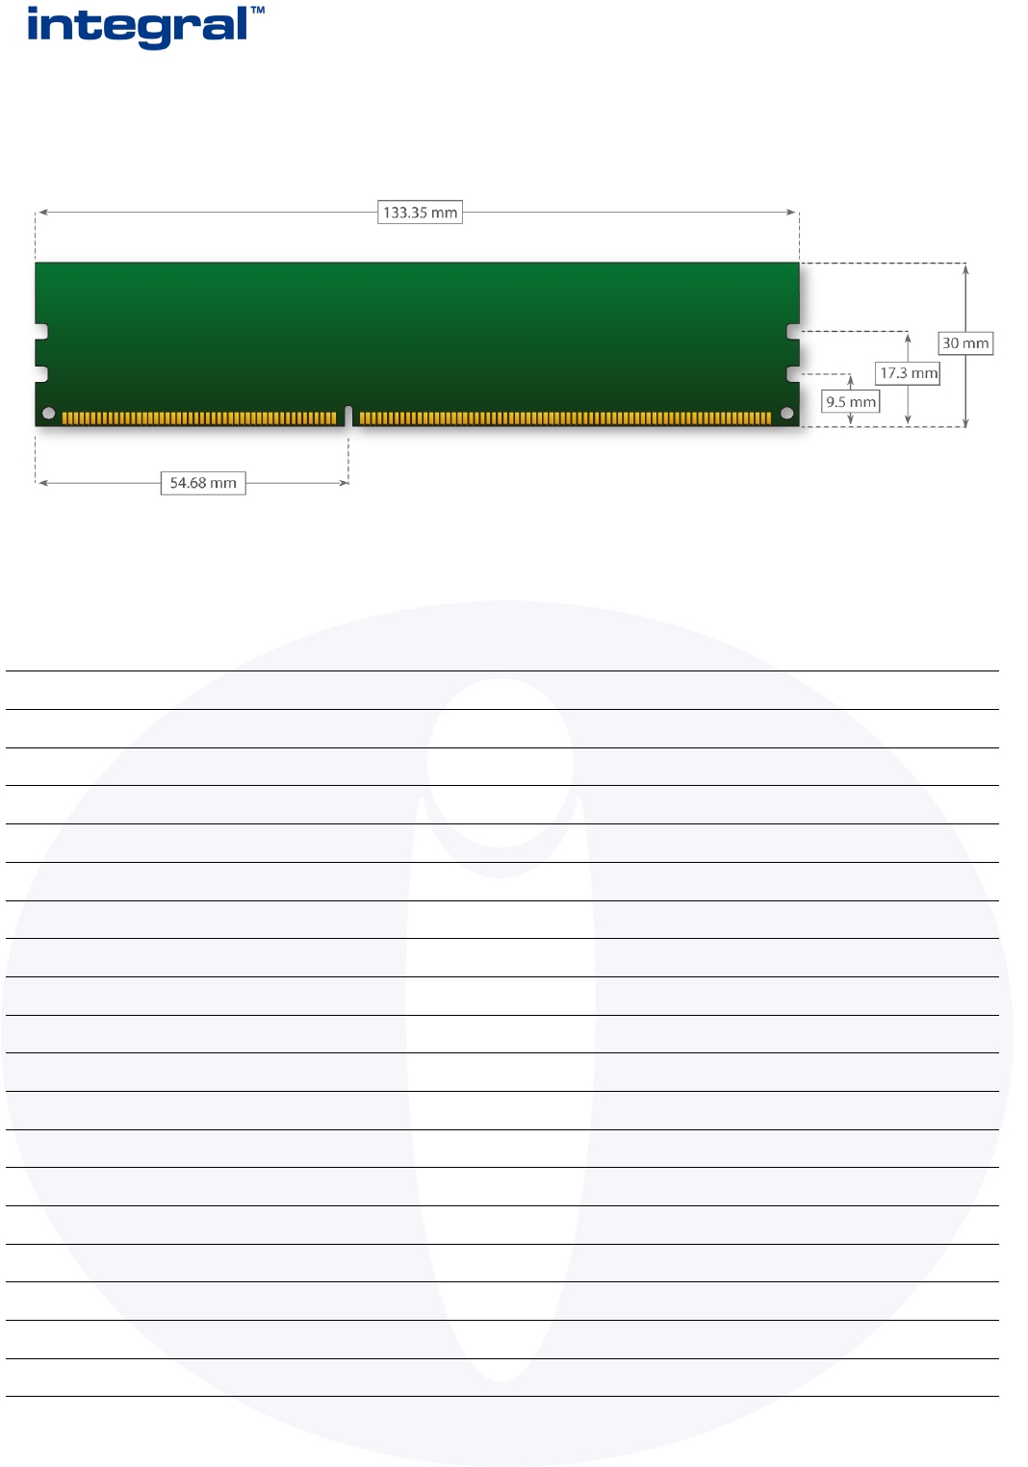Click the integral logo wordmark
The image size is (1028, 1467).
click(138, 27)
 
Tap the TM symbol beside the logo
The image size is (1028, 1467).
click(258, 11)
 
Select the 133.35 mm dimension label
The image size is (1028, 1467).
click(420, 213)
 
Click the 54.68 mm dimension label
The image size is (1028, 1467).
click(203, 483)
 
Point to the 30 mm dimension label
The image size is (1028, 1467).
click(965, 343)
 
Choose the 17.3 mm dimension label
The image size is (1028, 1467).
click(908, 373)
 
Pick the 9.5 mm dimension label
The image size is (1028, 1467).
click(851, 401)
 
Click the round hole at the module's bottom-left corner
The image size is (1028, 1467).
click(48, 413)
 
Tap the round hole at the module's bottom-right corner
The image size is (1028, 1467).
click(787, 413)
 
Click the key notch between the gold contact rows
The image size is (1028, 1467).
click(348, 416)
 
